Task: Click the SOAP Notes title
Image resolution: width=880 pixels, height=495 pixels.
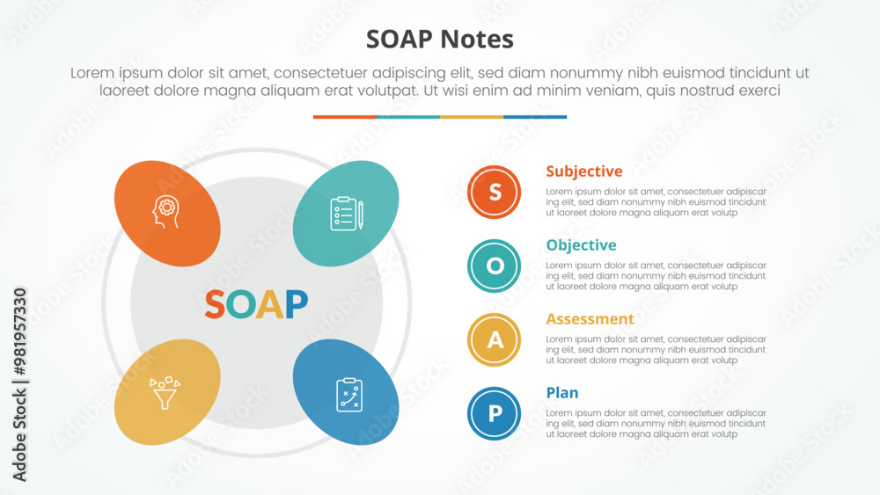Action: click(439, 40)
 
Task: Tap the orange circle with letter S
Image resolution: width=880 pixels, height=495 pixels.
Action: click(494, 192)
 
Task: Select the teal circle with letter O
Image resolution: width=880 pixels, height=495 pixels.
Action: click(494, 266)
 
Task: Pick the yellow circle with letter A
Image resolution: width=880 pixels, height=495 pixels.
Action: click(494, 339)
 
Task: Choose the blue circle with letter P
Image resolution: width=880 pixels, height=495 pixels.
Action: click(494, 414)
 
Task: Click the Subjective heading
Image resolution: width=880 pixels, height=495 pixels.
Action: click(584, 171)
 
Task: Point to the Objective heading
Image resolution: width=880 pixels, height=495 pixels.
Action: click(581, 245)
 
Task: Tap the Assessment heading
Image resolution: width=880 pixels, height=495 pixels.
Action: click(590, 319)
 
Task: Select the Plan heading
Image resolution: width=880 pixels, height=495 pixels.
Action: click(561, 393)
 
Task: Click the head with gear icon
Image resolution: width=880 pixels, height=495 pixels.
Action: click(166, 211)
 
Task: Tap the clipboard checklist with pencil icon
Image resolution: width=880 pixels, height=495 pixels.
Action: click(346, 213)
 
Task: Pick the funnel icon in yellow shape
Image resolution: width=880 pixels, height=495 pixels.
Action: click(165, 392)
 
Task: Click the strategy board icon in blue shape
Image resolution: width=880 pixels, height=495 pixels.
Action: click(349, 395)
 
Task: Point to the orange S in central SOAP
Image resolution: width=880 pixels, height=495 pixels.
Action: click(215, 304)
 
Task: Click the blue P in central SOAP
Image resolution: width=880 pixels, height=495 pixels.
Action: click(297, 304)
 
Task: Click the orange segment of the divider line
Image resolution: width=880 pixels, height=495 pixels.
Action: click(345, 117)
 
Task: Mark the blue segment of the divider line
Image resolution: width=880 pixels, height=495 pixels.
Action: click(535, 117)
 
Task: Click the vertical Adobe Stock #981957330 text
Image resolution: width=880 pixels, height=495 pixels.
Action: click(19, 384)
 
